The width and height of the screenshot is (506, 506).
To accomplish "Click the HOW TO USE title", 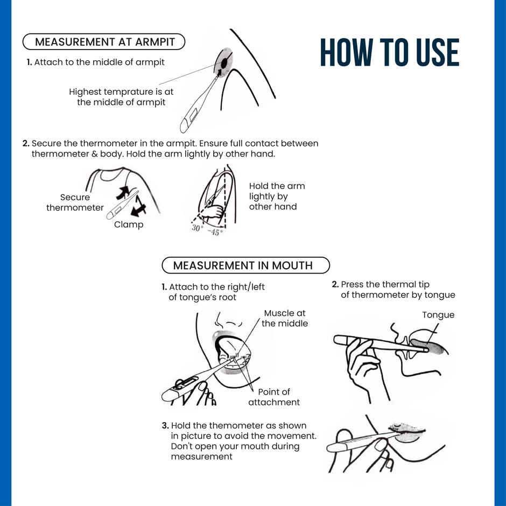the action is pyautogui.click(x=390, y=52).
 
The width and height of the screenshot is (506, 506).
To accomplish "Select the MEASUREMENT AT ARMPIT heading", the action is pyautogui.click(x=104, y=42).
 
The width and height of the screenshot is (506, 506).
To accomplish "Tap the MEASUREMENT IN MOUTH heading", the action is pyautogui.click(x=243, y=265).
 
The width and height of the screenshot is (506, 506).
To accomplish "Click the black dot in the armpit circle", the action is pyautogui.click(x=224, y=64).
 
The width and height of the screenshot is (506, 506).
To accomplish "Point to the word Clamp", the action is pyautogui.click(x=129, y=224).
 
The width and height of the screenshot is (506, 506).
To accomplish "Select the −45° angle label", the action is pyautogui.click(x=215, y=231).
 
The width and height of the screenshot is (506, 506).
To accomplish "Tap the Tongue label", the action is pyautogui.click(x=438, y=315).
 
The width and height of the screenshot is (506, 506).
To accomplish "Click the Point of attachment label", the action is pyautogui.click(x=274, y=397).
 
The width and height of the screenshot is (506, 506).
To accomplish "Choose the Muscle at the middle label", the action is pyautogui.click(x=285, y=318).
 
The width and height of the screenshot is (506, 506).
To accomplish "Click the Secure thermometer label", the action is pyautogui.click(x=75, y=202).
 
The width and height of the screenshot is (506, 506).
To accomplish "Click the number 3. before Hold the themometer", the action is pyautogui.click(x=165, y=426).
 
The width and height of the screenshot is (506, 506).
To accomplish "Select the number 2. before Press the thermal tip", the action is pyautogui.click(x=335, y=284).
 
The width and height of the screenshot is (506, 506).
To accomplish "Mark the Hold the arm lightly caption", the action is pyautogui.click(x=277, y=196).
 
